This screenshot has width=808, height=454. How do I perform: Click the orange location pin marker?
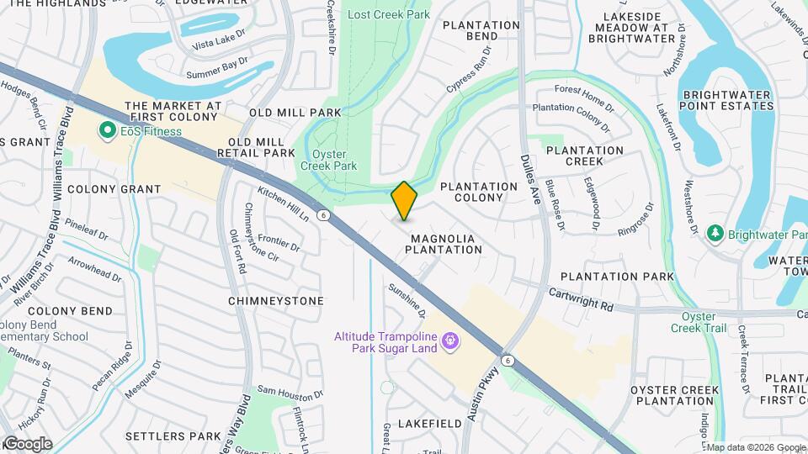(404, 201)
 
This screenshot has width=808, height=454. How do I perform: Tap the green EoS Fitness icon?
(107, 130)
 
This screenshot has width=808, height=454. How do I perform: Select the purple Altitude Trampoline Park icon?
(450, 340)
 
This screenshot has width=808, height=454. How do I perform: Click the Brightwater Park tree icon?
(715, 232)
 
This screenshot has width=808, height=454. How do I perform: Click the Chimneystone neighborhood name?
(275, 300)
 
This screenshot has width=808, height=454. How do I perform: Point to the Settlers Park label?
(173, 436)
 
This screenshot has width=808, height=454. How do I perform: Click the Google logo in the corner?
(27, 444)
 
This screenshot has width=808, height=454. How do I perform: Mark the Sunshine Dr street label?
(407, 300)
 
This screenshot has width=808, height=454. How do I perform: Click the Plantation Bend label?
(481, 31)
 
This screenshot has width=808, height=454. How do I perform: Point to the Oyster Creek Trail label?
(698, 322)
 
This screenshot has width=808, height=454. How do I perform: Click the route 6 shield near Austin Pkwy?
(508, 360)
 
